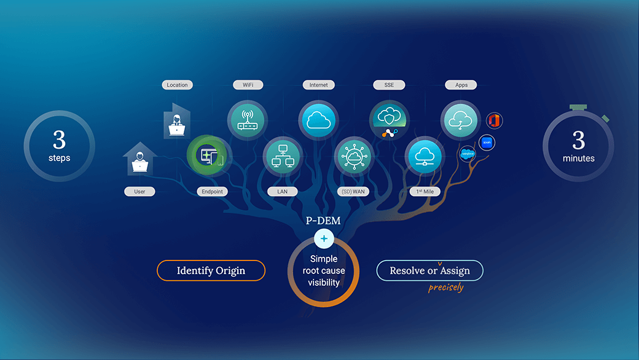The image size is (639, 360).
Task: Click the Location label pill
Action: tap(177, 85)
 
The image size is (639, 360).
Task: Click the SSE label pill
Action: tap(389, 85)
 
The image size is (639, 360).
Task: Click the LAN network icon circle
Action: tap(283, 155)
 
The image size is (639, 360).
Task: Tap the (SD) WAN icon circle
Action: tap(354, 155)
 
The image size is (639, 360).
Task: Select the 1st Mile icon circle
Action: tap(425, 155)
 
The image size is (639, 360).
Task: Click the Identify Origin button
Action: tap(211, 270)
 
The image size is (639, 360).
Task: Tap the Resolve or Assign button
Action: tap(429, 270)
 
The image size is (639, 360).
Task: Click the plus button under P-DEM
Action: tap(324, 239)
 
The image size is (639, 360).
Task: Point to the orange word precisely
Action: tap(446, 287)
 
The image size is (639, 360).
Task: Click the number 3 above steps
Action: tap(60, 141)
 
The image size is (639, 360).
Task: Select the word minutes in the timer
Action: tap(579, 158)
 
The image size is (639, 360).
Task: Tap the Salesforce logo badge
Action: tap(467, 154)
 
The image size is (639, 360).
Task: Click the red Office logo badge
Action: tap(494, 120)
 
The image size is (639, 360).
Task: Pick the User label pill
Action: tap(139, 192)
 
